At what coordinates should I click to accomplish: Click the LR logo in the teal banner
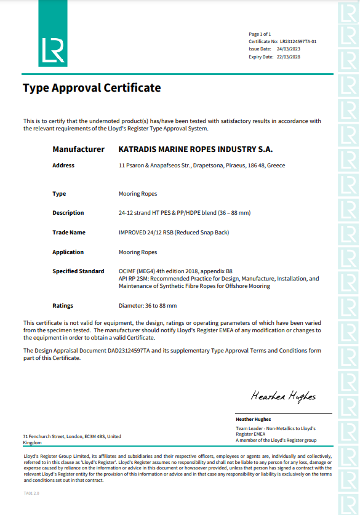(x=52, y=51)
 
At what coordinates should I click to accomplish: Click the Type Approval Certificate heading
(x=92, y=88)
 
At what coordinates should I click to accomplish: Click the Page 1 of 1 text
(x=260, y=34)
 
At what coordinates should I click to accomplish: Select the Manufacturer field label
(x=78, y=150)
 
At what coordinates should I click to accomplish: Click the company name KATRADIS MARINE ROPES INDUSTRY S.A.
(x=195, y=150)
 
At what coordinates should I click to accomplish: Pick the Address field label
(x=63, y=166)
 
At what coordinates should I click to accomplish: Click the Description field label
(x=68, y=213)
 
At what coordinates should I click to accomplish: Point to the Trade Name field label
(x=69, y=233)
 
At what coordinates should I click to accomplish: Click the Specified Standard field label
(x=78, y=271)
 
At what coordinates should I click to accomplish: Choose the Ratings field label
(x=63, y=306)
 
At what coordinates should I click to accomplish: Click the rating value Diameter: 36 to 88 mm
(x=147, y=306)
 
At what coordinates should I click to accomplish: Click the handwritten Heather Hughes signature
(x=282, y=396)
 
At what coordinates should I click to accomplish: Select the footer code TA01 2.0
(x=31, y=493)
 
